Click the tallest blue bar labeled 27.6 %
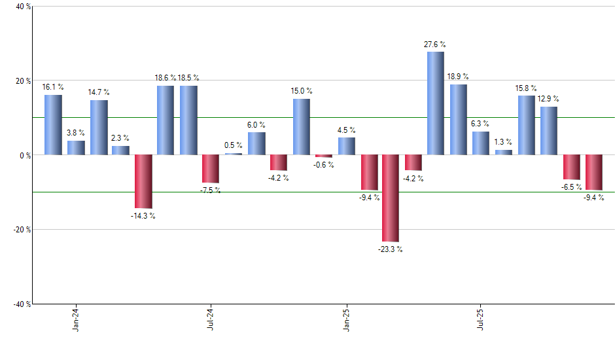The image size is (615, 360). tap(435, 103)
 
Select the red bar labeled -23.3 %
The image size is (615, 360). tap(391, 198)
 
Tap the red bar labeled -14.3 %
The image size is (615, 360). tap(143, 181)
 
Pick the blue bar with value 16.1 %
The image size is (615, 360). tap(53, 125)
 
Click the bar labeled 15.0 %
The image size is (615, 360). tap(301, 127)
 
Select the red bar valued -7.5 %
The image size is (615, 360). tap(211, 169)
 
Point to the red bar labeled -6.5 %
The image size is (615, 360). tap(572, 167)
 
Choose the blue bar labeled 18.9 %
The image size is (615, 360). tap(458, 120)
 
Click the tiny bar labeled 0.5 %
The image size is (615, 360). tap(234, 154)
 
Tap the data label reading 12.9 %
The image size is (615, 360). tap(548, 99)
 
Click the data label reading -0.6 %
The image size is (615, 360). tap(323, 165)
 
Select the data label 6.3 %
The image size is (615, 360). tap(480, 124)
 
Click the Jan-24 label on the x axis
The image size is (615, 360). tap(76, 319)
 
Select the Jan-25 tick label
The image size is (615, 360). tap(346, 319)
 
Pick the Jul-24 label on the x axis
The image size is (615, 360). tap(211, 319)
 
